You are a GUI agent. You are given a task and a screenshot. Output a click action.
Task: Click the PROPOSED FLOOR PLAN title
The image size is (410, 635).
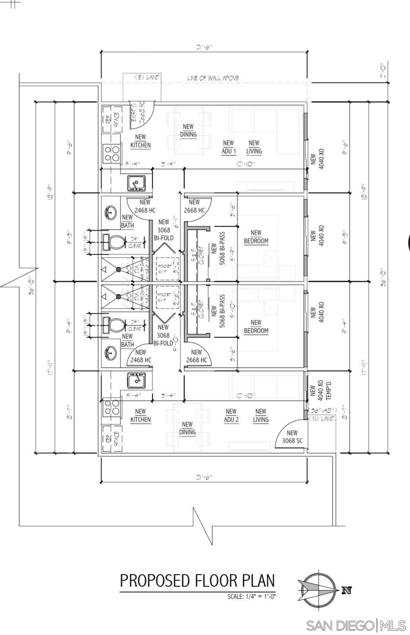pos(197,581)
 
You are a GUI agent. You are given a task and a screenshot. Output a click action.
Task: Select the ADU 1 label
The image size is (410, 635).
pos(228,147)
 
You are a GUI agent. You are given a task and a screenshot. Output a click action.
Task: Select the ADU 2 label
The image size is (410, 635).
pos(231,415)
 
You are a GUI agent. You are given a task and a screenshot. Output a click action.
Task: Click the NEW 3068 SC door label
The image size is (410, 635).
pos(292,437)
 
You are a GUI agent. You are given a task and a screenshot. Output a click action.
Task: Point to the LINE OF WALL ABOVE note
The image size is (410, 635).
pos(213,78)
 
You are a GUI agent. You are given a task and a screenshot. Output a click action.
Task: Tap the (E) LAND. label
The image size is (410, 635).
pos(147,77)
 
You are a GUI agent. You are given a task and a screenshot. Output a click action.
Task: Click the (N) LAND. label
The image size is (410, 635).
pos(322,419)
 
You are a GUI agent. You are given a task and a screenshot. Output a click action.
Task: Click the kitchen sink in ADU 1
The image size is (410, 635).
pos(136,183)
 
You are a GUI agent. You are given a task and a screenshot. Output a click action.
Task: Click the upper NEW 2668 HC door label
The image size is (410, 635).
pos(194,206)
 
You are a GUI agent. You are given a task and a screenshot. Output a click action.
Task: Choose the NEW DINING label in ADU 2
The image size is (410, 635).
pos(187,428)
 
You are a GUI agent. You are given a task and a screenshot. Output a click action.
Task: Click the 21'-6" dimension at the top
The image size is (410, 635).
pos(204,47)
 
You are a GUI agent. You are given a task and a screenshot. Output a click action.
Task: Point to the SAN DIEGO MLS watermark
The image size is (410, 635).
pos(355,625)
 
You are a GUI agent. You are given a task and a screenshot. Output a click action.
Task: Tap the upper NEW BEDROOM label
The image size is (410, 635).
pos(256,237)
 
